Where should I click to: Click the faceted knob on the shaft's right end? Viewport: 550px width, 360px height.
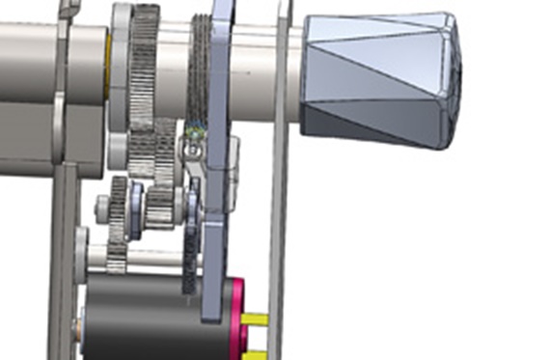[x=381, y=77]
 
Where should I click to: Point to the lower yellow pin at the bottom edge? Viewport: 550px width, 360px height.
[x=257, y=354]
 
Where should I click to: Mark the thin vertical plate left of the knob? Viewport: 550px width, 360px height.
[x=279, y=193]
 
